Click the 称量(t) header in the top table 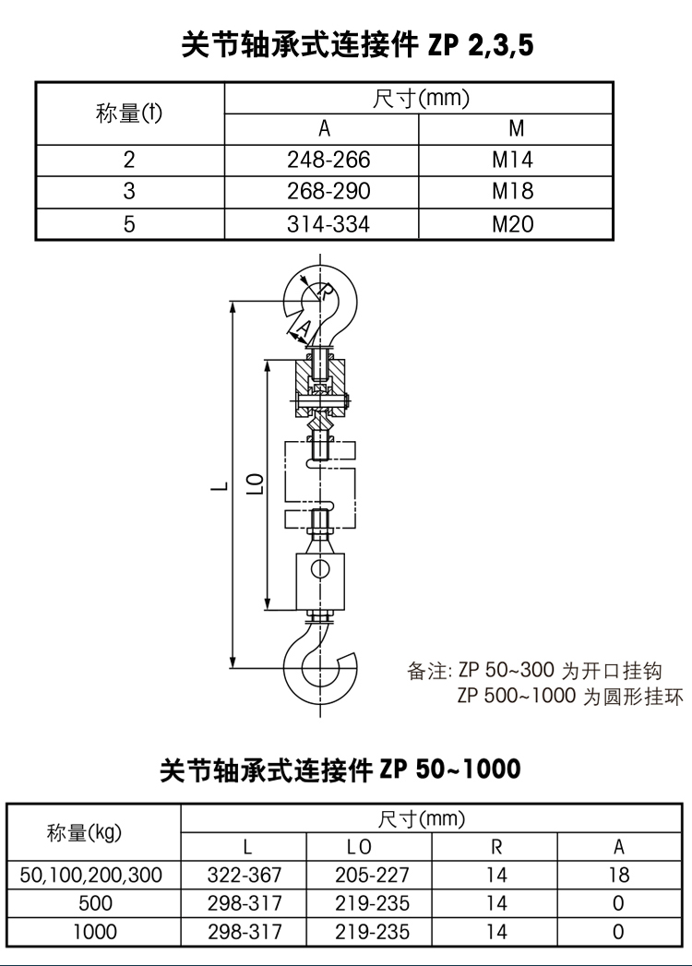click(x=129, y=113)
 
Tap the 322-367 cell click(x=245, y=875)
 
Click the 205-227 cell click(x=372, y=875)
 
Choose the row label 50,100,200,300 click(x=92, y=875)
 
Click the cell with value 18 click(x=619, y=875)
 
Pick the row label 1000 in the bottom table click(x=92, y=932)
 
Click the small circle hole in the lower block click(x=319, y=568)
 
